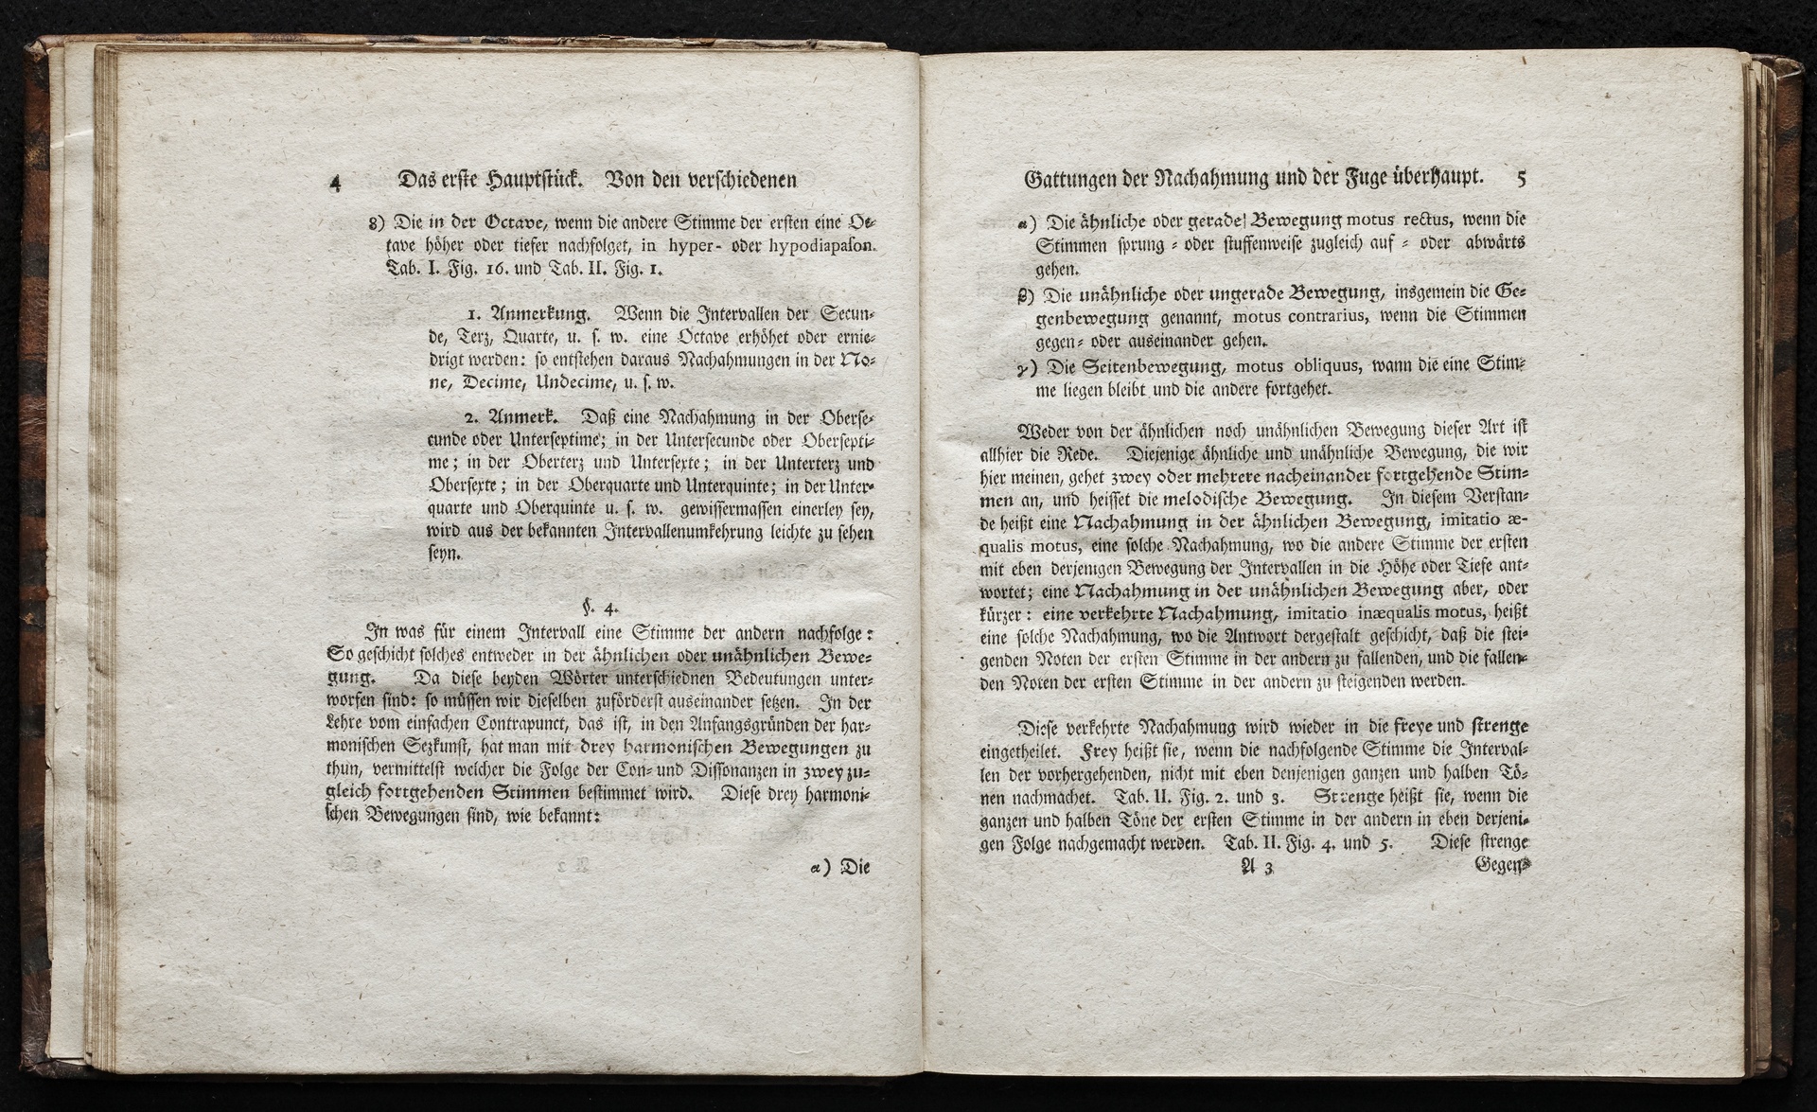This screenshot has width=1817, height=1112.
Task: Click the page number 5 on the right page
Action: [x=1521, y=176]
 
